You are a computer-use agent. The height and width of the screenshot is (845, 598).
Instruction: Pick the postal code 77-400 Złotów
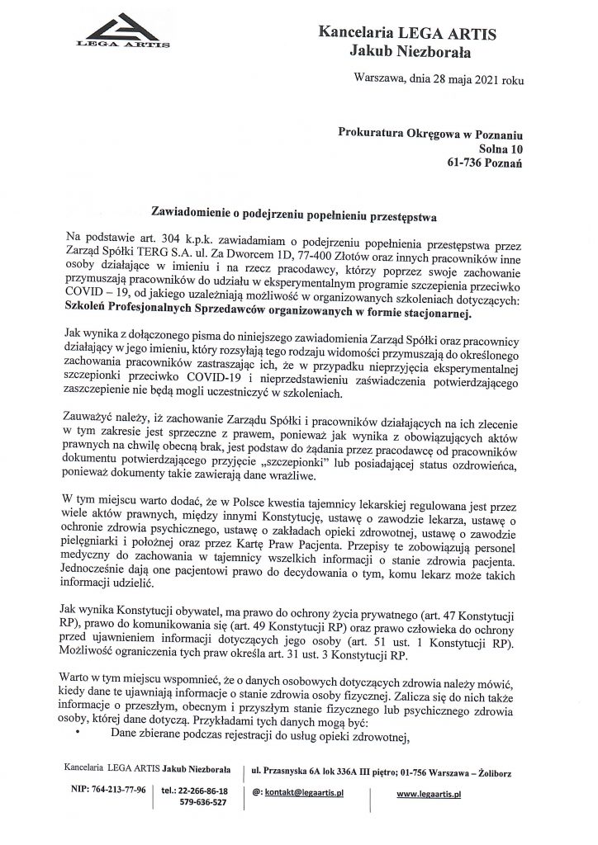[342, 253]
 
